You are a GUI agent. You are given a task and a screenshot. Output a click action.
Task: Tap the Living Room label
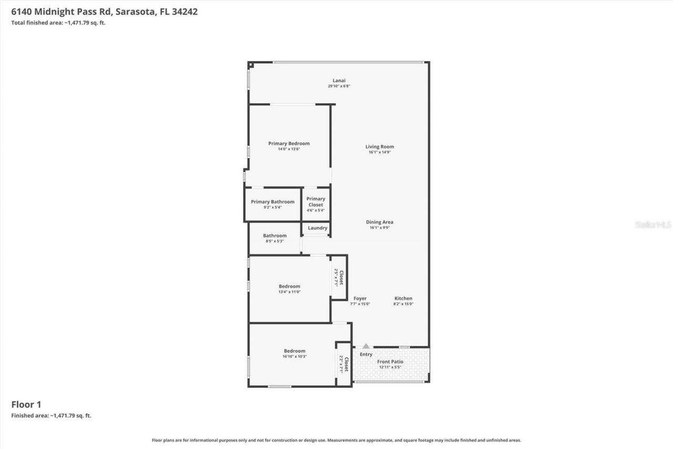(380, 147)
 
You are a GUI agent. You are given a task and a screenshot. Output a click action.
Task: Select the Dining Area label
(380, 222)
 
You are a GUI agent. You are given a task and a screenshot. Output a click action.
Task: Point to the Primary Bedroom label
(289, 143)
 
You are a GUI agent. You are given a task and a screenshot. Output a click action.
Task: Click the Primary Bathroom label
(272, 202)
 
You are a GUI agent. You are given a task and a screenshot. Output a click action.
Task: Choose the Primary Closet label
(315, 202)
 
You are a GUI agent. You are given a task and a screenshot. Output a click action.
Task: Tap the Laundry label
(318, 228)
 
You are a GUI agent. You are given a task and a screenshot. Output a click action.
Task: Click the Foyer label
(360, 298)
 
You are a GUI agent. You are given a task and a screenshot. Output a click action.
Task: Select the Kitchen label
(403, 298)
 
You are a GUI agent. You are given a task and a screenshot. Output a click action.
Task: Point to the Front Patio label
(390, 362)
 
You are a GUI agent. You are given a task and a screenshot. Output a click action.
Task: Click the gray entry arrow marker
(366, 346)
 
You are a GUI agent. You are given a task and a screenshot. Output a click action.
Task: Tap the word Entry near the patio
(366, 354)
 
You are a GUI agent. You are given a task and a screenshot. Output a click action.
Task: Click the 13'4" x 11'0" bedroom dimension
(289, 292)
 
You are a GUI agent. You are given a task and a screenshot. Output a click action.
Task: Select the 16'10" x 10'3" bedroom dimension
(294, 356)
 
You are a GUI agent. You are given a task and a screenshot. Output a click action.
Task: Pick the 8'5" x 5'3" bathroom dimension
(274, 241)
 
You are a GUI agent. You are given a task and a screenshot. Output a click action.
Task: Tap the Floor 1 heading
(26, 404)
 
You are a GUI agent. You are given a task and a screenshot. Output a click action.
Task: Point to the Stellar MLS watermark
(653, 225)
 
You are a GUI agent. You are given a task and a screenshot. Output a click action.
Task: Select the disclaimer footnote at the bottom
(336, 440)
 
